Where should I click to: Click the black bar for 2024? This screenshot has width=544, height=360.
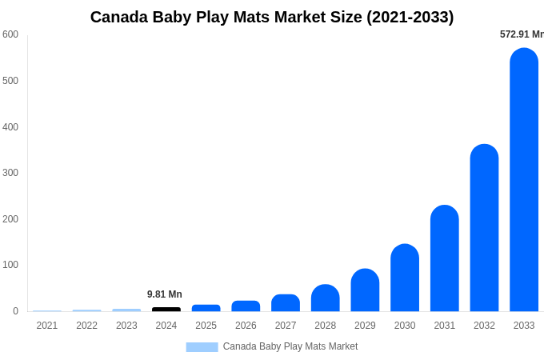166,309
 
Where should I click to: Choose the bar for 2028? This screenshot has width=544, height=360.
326,298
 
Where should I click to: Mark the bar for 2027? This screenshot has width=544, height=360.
286,303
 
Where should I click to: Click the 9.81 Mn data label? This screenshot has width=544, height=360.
165,294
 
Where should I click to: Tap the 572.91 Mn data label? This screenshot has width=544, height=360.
522,34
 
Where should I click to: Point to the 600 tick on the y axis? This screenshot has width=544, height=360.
10,34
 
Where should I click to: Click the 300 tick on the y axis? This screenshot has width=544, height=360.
10,173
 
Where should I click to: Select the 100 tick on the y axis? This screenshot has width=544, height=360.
10,265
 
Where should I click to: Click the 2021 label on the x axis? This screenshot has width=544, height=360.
47,326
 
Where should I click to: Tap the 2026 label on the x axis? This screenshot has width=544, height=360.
246,326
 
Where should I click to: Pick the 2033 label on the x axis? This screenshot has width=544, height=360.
524,326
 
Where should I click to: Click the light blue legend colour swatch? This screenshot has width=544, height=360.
202,346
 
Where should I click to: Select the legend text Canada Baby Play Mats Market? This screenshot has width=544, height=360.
290,346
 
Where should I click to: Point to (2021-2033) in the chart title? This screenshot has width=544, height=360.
410,17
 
